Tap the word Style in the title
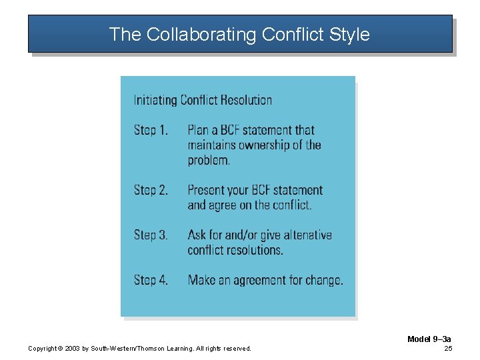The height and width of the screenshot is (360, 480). pos(349,34)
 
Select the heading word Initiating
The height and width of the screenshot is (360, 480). pos(155,101)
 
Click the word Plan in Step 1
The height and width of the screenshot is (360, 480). pos(199,130)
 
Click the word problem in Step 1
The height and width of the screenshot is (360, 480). pos(209,160)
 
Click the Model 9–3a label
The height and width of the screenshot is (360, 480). pos(429,339)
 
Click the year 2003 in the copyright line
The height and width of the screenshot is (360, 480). pos(72,349)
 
